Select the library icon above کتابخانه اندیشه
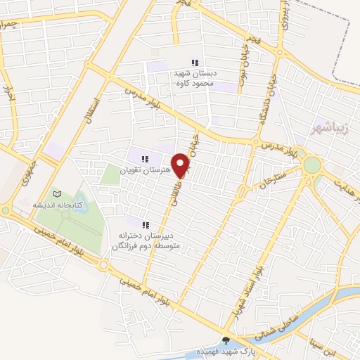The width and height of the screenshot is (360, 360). click(58, 194)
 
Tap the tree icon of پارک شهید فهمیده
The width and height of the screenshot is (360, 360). click(227, 338)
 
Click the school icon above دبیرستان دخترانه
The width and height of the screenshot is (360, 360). click(146, 225)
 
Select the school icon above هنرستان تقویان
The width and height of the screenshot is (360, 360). click(146, 160)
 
